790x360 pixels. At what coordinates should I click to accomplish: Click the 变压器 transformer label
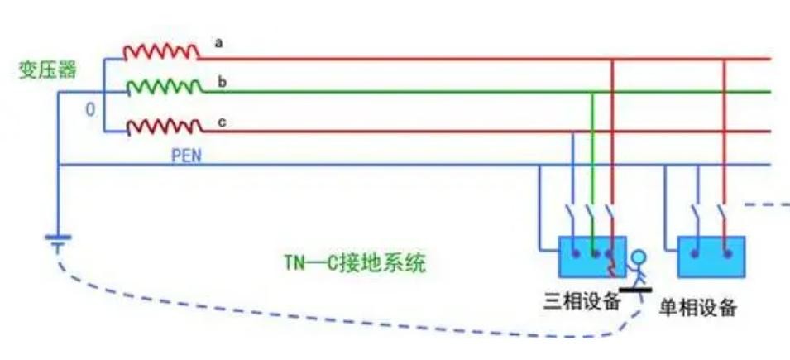click(x=47, y=70)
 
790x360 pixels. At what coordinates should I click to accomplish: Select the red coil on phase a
click(x=161, y=52)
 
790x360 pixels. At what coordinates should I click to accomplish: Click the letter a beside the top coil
click(x=218, y=42)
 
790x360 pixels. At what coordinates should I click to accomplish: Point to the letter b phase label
click(x=221, y=81)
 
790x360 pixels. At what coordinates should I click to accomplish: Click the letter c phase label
click(x=221, y=122)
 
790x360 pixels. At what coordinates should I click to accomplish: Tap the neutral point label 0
click(x=91, y=110)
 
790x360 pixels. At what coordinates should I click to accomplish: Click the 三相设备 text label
click(x=581, y=301)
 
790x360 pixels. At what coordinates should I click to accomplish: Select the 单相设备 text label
click(x=697, y=308)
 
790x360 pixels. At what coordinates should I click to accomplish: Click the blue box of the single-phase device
click(x=711, y=257)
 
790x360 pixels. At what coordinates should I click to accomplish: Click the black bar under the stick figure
click(x=635, y=289)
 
